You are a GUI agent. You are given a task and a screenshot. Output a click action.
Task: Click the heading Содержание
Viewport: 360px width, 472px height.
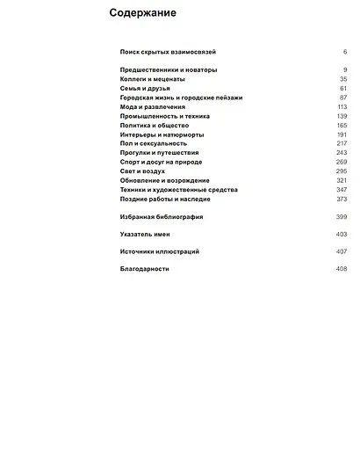click(142, 13)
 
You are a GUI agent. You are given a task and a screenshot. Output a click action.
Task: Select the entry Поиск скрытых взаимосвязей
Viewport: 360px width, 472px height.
click(168, 52)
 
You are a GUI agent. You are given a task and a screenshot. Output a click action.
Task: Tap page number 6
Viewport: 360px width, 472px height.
click(345, 52)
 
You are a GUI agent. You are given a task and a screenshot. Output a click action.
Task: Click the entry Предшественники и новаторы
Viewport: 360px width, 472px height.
click(169, 69)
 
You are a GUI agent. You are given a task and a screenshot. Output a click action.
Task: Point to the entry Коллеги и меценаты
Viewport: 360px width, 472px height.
click(152, 79)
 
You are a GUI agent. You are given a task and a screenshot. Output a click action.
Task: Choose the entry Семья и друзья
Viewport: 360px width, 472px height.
click(145, 88)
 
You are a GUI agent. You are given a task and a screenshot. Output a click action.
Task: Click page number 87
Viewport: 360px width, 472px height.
click(342, 98)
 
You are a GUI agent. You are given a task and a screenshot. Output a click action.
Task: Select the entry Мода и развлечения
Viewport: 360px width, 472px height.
click(153, 106)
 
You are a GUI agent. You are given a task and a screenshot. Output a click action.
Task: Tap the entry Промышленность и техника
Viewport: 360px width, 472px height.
click(164, 116)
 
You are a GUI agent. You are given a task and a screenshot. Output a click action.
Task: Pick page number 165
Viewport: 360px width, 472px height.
click(342, 125)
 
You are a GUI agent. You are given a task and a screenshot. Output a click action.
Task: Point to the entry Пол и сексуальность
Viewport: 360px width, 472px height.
click(153, 143)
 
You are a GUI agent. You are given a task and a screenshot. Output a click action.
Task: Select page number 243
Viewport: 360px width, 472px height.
click(342, 153)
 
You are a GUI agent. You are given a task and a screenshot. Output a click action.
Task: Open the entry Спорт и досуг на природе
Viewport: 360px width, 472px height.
click(161, 162)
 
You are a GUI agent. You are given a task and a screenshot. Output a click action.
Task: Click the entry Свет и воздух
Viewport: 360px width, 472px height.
click(143, 171)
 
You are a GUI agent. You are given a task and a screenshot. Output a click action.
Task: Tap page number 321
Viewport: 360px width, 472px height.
click(342, 180)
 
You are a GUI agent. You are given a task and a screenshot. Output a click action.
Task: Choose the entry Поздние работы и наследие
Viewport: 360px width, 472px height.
click(164, 199)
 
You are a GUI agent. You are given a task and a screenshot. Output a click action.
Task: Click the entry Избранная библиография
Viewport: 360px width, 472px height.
click(162, 216)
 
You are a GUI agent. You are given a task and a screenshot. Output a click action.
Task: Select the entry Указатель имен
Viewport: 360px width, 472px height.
click(145, 235)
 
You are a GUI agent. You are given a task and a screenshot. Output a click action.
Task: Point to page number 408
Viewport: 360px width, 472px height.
click(342, 269)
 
